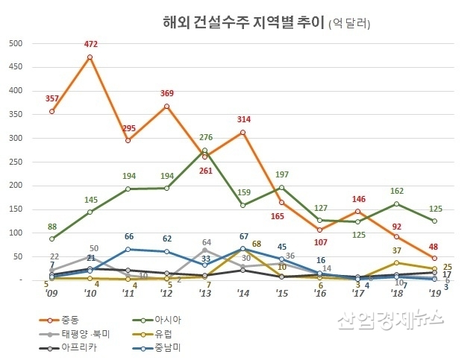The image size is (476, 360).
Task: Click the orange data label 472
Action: [90, 45]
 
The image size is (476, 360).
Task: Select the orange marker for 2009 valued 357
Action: [51, 111]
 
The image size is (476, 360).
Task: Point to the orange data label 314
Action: [243, 119]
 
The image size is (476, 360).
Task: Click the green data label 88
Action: [51, 227]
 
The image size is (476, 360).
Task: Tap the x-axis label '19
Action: [434, 294]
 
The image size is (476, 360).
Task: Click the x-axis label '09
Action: [51, 294]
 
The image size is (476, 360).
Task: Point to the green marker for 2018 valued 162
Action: [396, 203]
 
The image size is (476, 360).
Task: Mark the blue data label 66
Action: [128, 236]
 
